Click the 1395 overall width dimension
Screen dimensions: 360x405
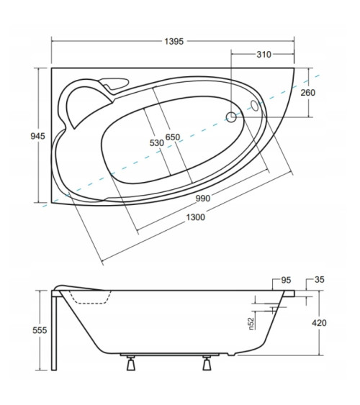point(174,41)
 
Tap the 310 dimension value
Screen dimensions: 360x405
point(264,55)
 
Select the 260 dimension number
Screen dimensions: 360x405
point(307,93)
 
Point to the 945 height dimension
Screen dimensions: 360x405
point(37,136)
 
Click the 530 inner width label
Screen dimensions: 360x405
point(157,143)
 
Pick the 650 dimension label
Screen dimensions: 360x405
point(173,137)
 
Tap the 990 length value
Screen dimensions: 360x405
point(203,199)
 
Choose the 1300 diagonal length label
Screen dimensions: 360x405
point(196,217)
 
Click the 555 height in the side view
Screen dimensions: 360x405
point(40,330)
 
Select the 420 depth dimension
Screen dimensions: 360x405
point(319,323)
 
